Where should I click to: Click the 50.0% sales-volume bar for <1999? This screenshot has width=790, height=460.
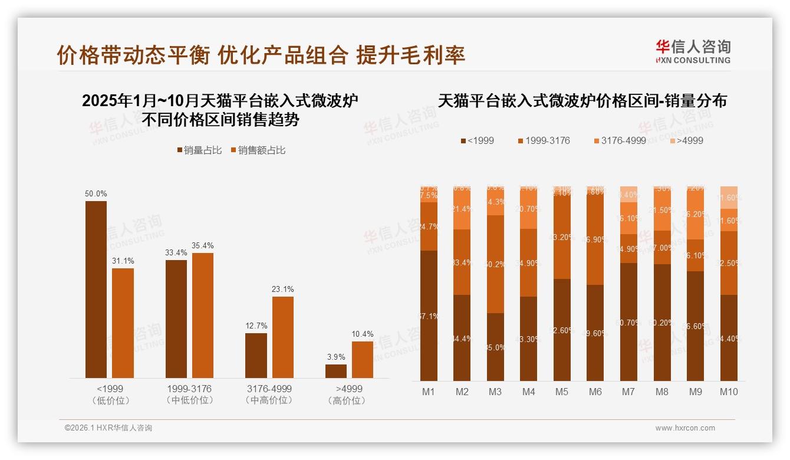tap(96, 289)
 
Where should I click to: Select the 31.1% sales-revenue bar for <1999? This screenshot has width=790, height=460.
tap(123, 323)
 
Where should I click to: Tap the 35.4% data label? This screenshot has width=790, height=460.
tap(203, 245)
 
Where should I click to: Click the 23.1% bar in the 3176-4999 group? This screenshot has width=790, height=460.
tap(282, 337)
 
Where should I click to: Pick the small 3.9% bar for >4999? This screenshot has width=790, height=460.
tap(336, 371)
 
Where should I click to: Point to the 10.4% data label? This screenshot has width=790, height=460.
tap(363, 334)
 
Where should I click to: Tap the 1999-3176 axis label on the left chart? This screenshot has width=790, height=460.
tap(189, 389)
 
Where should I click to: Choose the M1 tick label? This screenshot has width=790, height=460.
tap(429, 392)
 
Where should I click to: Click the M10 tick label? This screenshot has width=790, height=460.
tap(729, 392)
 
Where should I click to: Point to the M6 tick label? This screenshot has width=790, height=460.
tap(595, 392)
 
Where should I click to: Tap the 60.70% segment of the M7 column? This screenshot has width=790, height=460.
tap(629, 321)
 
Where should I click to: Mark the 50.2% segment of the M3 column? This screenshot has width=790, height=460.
tap(495, 264)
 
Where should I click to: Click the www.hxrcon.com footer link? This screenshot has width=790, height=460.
tap(685, 428)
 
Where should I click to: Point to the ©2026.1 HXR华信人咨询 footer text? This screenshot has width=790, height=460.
tap(108, 428)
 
